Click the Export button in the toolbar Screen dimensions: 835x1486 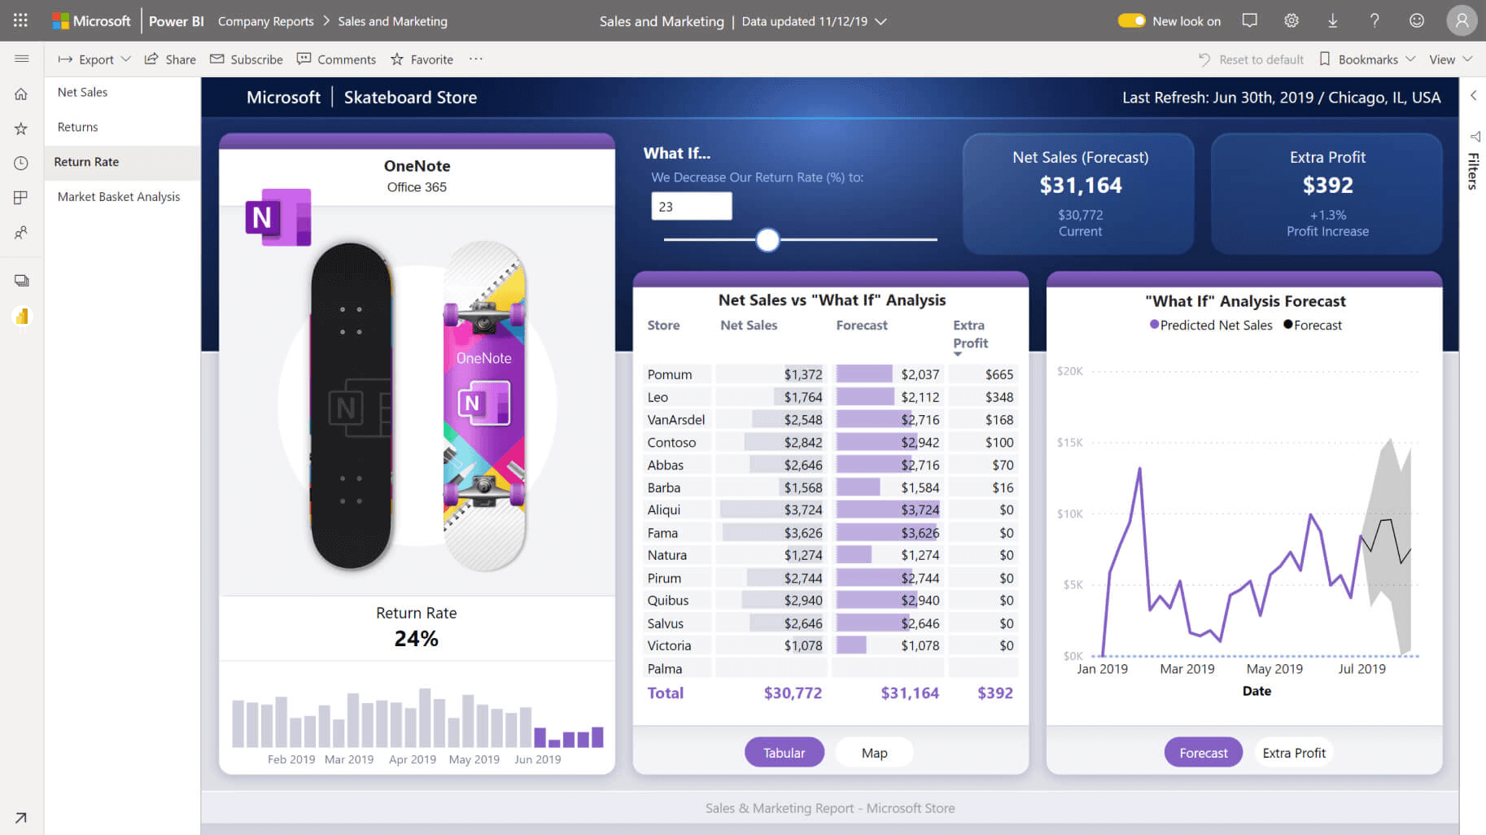(94, 59)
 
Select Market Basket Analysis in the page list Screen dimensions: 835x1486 (119, 197)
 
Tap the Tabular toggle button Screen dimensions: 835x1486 (784, 753)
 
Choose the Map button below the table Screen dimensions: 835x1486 (874, 753)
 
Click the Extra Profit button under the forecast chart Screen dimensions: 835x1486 (1294, 753)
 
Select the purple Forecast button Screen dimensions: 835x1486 (1203, 753)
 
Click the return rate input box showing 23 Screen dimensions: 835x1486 (691, 207)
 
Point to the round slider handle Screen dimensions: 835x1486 (767, 240)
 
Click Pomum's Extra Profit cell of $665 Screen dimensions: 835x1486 (999, 374)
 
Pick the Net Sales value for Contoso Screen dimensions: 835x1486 (802, 443)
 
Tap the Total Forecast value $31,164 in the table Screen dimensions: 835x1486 (909, 693)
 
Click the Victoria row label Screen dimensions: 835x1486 (669, 645)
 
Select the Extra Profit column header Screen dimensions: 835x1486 (970, 334)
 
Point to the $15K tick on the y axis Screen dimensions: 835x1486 (1069, 443)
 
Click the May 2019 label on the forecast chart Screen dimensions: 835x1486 (1274, 669)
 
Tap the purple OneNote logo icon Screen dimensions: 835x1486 (278, 217)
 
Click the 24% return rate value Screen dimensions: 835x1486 (416, 639)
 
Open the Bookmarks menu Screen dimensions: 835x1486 (1367, 59)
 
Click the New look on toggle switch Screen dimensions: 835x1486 (1131, 21)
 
